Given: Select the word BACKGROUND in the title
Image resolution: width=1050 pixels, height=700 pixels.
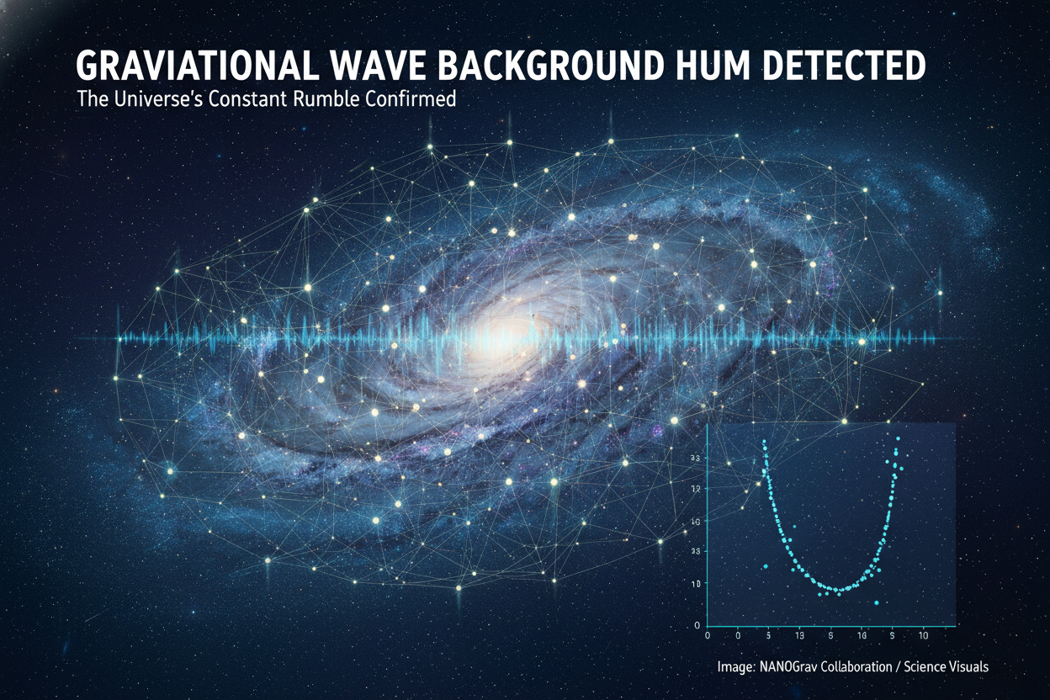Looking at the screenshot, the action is click(550, 66).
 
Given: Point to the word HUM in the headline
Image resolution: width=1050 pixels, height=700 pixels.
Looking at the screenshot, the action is click(714, 66).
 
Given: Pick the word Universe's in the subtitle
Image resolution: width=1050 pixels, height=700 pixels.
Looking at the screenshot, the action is click(158, 99).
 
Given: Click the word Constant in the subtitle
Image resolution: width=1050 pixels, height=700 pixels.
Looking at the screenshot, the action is click(252, 99).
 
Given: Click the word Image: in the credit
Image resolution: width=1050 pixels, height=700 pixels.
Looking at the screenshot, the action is click(736, 666).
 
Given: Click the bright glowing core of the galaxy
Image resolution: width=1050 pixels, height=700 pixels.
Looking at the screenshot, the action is click(498, 335).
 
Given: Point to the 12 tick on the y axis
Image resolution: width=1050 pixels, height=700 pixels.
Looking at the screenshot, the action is click(696, 489).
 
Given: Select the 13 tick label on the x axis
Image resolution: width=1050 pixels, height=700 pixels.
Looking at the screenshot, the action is click(799, 636).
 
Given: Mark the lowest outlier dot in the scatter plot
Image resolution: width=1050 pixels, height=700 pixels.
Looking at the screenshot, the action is click(877, 602).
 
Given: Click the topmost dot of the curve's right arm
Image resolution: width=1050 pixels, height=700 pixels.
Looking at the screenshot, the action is click(898, 439).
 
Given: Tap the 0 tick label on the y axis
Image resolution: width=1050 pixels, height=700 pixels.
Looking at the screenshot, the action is click(697, 625).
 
